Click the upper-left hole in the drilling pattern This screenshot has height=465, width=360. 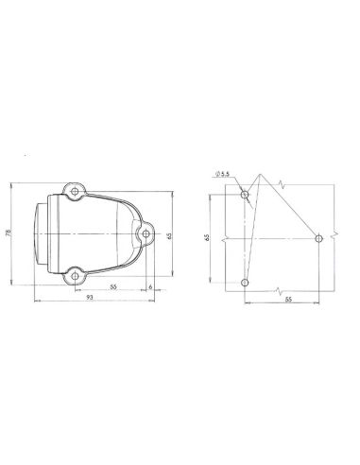(x=246, y=195)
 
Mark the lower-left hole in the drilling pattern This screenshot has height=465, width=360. (x=246, y=282)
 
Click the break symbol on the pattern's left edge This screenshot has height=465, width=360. (x=223, y=238)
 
